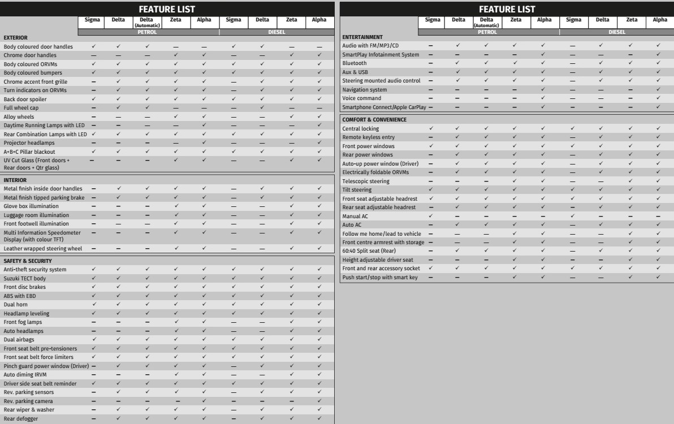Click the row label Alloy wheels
[x=19, y=116]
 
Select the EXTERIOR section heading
[x=16, y=38]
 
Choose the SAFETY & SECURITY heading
[x=28, y=261]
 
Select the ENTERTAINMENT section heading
[x=362, y=37]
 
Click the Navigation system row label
[x=365, y=90]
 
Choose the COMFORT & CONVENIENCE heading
[x=374, y=120]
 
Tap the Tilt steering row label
[x=357, y=190]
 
